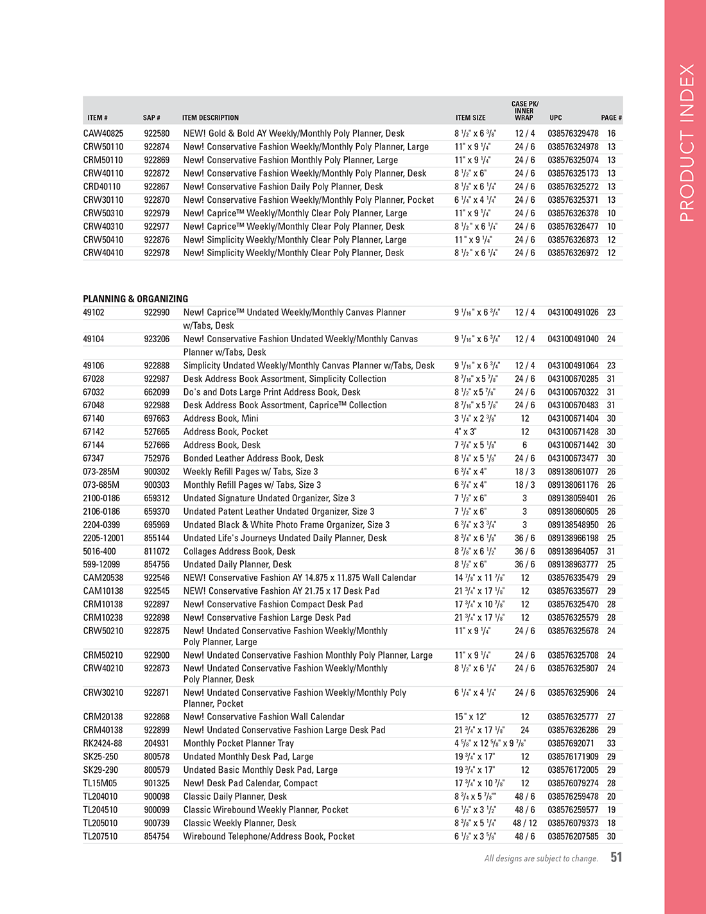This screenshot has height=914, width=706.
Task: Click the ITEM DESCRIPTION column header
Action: point(210,118)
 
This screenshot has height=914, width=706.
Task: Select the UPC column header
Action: point(555,118)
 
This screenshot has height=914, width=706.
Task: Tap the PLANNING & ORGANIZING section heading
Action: point(135,299)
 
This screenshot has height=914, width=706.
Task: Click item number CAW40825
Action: point(103,134)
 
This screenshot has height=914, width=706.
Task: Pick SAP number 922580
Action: point(157,134)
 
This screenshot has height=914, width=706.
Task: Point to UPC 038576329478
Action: point(573,134)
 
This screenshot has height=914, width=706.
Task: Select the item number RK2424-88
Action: point(102,743)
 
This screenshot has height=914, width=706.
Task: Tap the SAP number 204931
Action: point(157,743)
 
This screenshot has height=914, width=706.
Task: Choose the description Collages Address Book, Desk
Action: point(239,551)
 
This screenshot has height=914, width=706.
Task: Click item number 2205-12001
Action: point(103,538)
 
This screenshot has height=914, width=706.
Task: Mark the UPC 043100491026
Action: point(573,313)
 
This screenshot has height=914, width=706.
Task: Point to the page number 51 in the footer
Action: point(616,858)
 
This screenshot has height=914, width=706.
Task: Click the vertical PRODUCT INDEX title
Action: point(686,142)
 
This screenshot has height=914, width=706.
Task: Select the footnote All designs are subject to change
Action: point(541,859)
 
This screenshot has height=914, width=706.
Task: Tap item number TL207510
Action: point(100,836)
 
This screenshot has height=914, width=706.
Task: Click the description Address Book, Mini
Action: point(221,418)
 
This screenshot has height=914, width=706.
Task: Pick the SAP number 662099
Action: point(157,392)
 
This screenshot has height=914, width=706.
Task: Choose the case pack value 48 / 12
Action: point(524,823)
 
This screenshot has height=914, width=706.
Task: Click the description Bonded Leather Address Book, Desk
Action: point(253,458)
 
